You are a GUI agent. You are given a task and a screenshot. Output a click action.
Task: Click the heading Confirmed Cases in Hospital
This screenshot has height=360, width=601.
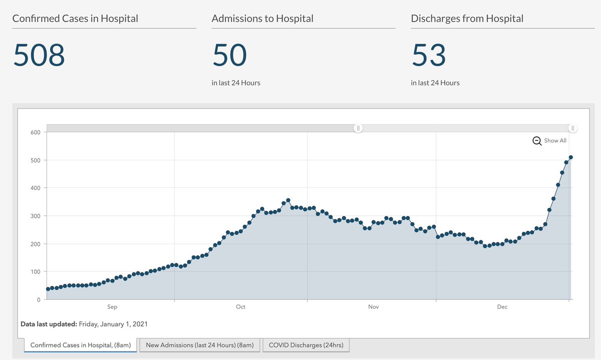tap(75, 19)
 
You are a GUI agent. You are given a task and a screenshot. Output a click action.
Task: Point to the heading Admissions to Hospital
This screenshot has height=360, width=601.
tap(262, 19)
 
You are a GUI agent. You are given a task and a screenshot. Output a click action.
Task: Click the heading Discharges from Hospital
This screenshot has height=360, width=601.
tap(467, 19)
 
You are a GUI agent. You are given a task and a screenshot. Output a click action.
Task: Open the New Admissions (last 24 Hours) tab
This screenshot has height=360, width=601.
tap(200, 345)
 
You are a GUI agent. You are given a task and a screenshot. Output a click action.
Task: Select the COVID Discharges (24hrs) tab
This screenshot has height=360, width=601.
tap(306, 345)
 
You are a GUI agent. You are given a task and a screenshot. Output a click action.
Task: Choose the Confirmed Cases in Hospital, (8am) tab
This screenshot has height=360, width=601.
tap(81, 345)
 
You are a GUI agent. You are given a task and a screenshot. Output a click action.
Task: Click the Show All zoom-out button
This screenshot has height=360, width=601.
tap(549, 141)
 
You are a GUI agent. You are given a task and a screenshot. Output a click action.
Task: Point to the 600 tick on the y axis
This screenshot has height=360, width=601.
tap(36, 132)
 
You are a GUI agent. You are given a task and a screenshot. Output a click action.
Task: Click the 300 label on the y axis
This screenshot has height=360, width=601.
tap(36, 216)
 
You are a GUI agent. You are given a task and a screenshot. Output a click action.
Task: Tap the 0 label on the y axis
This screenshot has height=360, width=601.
tap(39, 299)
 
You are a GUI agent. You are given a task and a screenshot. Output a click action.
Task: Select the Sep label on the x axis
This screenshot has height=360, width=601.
tap(112, 307)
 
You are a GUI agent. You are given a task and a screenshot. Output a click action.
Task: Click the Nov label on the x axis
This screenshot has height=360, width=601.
tap(373, 307)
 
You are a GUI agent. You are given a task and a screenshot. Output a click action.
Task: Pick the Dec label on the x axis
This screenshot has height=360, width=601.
tap(502, 307)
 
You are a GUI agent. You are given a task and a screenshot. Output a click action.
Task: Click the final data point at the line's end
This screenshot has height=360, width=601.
tap(571, 158)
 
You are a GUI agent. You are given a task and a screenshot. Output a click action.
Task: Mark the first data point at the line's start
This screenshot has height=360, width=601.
tap(48, 289)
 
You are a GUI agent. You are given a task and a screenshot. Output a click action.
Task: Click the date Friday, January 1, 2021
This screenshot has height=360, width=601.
tap(113, 324)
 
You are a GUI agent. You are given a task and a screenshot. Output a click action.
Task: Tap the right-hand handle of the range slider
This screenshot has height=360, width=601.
tap(572, 128)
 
